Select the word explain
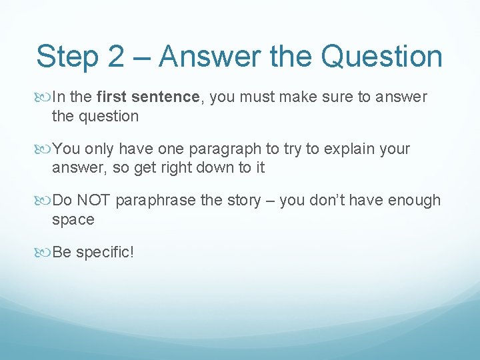(x=350, y=149)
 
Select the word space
(x=73, y=219)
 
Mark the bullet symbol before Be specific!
(x=44, y=252)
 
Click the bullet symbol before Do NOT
(x=44, y=200)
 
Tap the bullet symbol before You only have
(x=44, y=148)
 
